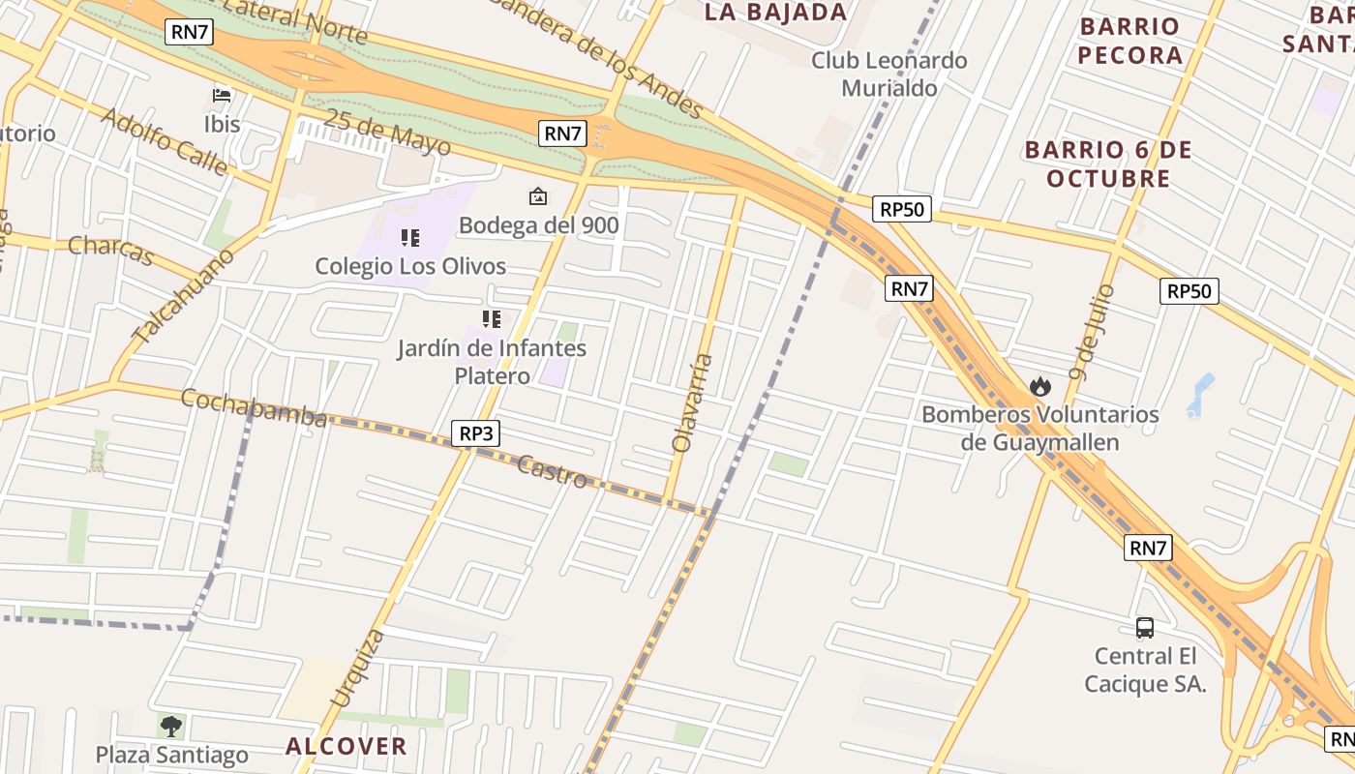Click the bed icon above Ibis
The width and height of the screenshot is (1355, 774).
click(222, 95)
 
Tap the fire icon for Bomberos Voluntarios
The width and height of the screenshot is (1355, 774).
click(1040, 386)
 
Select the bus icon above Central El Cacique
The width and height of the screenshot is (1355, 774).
click(1145, 628)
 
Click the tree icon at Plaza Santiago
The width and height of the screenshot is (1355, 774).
click(171, 726)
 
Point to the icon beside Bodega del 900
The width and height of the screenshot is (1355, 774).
click(537, 197)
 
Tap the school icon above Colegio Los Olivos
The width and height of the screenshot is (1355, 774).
click(409, 237)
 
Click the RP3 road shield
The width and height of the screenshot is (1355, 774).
click(475, 433)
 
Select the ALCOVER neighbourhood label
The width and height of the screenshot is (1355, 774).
click(346, 746)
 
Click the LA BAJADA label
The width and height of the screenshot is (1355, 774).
click(775, 13)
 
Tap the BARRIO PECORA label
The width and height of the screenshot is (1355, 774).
click(1129, 41)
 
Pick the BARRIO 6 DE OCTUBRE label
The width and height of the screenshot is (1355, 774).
click(1108, 164)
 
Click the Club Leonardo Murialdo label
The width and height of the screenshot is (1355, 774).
click(888, 74)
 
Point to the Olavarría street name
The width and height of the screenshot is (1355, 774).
click(694, 403)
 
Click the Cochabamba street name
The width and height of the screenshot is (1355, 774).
click(254, 407)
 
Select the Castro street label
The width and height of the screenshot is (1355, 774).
click(552, 471)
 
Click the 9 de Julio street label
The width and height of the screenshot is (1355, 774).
click(1093, 332)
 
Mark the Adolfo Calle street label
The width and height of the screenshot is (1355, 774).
click(164, 141)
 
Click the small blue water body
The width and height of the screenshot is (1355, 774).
click(1200, 393)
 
